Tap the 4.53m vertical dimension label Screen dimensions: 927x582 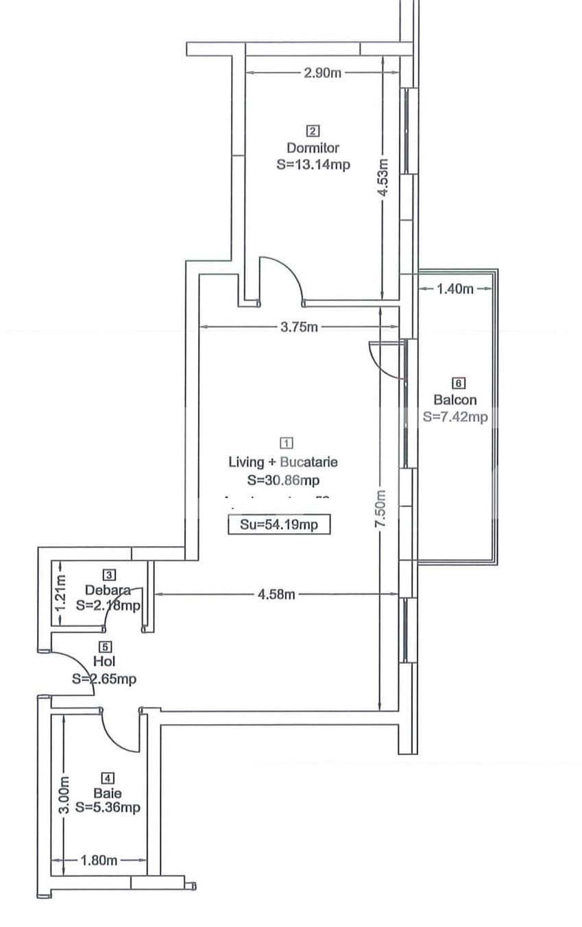pos(384,178)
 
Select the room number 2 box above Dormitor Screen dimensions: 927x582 pos(313,131)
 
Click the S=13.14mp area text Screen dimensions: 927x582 pos(313,164)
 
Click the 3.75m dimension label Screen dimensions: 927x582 pos(299,327)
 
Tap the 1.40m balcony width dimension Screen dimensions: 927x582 pos(454,288)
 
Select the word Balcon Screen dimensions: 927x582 pos(454,400)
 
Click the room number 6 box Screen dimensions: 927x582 pos(459,383)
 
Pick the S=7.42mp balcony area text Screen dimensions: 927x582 pos(455,417)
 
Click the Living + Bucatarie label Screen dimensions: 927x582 pos(282,462)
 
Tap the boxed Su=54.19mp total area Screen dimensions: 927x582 pos(279,525)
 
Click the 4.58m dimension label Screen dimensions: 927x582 pos(276,594)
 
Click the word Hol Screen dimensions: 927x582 pos(104,662)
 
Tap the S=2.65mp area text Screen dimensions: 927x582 pos(104,679)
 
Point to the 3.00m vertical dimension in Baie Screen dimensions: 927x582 pos(63,795)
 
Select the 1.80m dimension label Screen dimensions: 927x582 pos(99,861)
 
